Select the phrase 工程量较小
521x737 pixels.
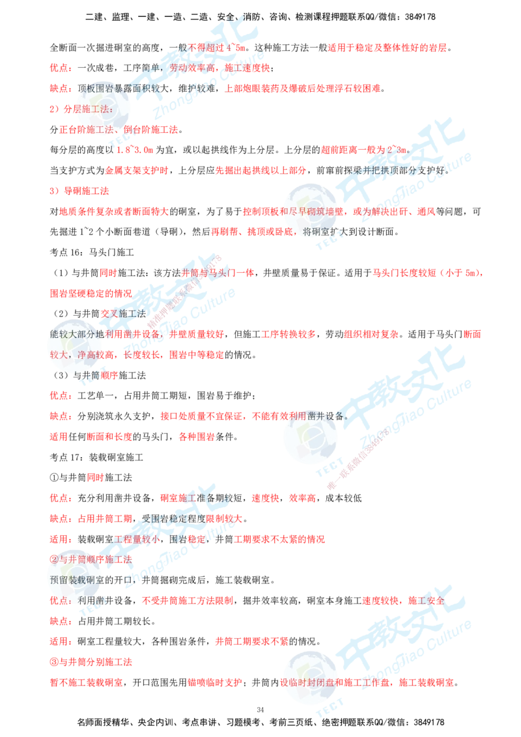click(x=137, y=539)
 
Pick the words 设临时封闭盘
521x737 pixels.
click(x=302, y=682)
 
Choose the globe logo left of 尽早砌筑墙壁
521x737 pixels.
click(x=309, y=209)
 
